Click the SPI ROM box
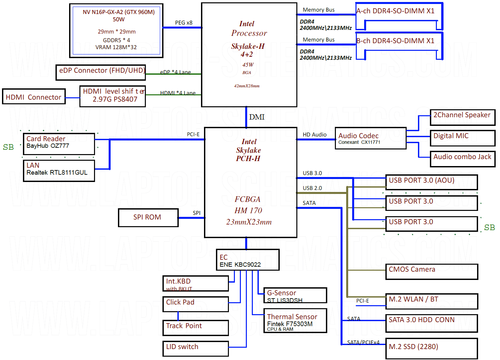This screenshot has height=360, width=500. tap(148, 218)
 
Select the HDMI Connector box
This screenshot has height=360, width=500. tap(34, 96)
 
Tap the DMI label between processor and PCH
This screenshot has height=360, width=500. tap(257, 117)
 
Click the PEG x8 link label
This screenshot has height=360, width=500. tap(184, 23)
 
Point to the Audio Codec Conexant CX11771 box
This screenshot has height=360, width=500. tap(370, 138)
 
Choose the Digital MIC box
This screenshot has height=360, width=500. tap(462, 138)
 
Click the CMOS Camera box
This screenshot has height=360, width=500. tap(432, 271)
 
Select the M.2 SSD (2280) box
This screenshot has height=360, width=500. tap(432, 348)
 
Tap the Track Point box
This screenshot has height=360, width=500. tap(195, 328)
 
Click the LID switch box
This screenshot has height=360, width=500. tap(195, 348)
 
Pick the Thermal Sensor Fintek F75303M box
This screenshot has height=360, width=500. tap(295, 320)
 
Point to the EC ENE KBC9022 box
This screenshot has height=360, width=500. tap(248, 260)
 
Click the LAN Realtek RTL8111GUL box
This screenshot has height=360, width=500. tap(59, 171)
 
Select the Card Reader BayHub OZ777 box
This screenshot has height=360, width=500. tap(59, 144)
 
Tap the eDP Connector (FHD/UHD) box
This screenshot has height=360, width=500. tap(101, 72)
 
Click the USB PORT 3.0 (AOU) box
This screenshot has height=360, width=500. tap(432, 182)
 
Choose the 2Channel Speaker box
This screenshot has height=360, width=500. tap(462, 117)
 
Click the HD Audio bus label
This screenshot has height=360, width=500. tap(315, 135)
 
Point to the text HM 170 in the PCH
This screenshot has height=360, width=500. tap(248, 211)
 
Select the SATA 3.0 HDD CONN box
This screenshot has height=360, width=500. tap(432, 323)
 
